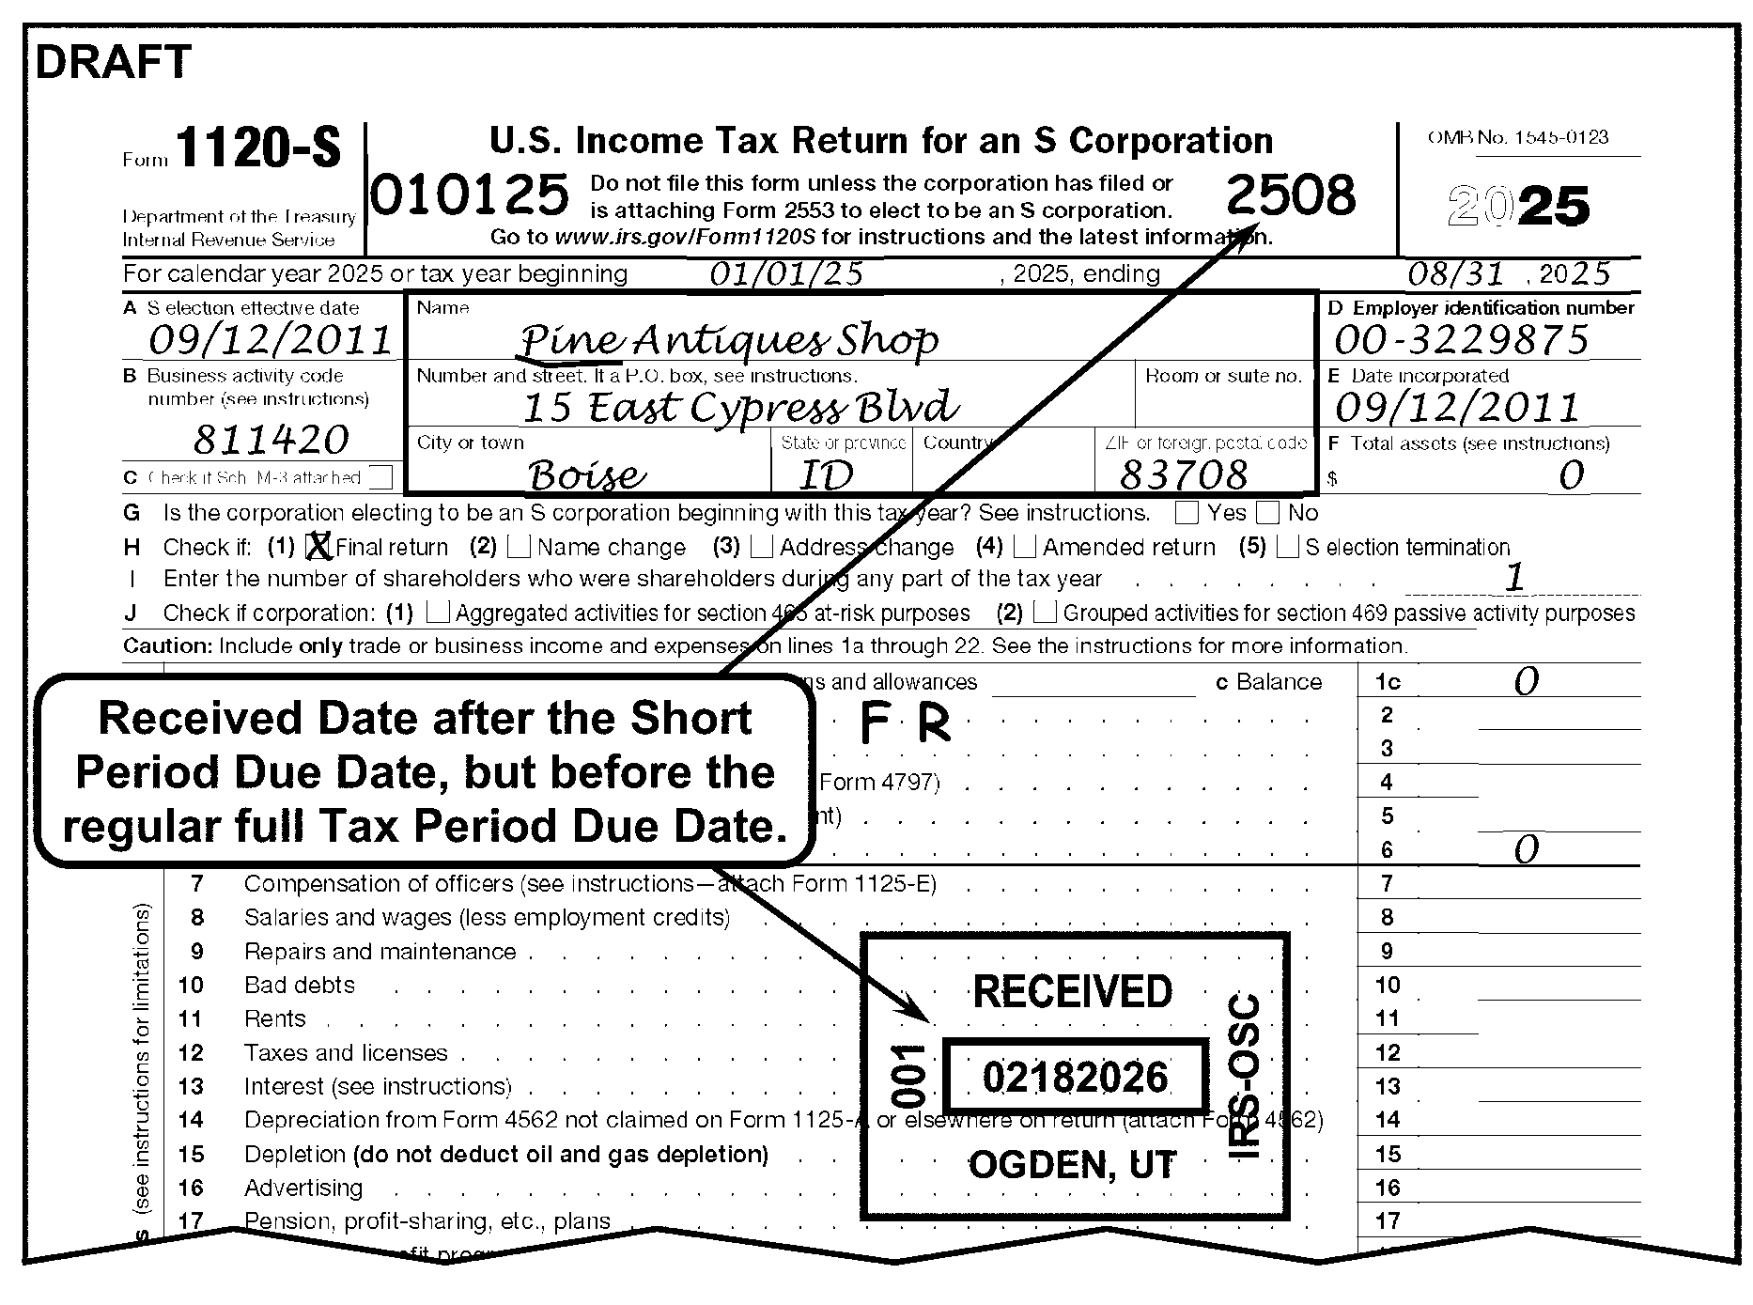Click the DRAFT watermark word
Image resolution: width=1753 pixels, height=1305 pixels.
[x=113, y=63]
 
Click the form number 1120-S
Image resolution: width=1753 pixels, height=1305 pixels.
[x=257, y=148]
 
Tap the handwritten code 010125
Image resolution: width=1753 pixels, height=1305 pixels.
[x=470, y=195]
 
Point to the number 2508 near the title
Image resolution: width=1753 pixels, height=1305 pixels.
[x=1291, y=195]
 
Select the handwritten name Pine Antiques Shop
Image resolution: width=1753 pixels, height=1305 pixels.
[x=727, y=340]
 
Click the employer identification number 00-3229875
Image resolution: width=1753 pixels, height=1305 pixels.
[x=1461, y=340]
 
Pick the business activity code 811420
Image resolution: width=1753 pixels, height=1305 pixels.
[x=271, y=440]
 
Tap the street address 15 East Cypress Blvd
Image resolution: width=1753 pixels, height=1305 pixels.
[x=740, y=408]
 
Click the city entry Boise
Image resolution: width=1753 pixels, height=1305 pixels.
[x=587, y=475]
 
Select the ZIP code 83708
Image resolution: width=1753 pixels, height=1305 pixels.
[x=1184, y=475]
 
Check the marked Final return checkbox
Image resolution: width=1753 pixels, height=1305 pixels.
[x=319, y=546]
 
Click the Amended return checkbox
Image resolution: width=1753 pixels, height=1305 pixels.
[x=1026, y=546]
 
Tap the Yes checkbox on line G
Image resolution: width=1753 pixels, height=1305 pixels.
[x=1187, y=513]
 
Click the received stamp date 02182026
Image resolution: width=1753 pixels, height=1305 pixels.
[x=1075, y=1077]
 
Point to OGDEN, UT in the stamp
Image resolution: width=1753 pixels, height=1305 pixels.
[x=1072, y=1165]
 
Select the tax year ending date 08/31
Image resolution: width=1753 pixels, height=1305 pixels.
[x=1456, y=274]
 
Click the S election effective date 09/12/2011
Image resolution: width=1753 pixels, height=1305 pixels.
[x=271, y=340]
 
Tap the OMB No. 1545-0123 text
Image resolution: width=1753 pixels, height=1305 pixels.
[x=1518, y=137]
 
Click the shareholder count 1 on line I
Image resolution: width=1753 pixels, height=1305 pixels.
[x=1513, y=578]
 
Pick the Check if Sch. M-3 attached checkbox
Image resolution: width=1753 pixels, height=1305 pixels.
[x=380, y=477]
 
